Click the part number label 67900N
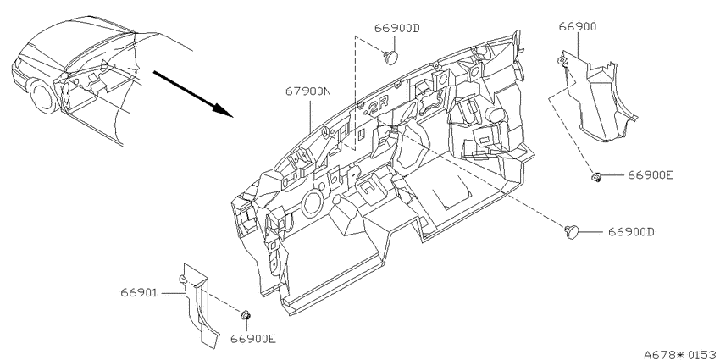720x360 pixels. [308, 91]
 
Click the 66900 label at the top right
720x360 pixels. [578, 26]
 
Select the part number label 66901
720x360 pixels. [139, 292]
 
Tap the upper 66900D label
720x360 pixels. [397, 29]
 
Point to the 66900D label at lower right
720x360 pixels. [631, 232]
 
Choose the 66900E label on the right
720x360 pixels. [651, 175]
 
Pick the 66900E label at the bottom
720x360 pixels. [253, 339]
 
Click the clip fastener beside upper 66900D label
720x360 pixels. [390, 58]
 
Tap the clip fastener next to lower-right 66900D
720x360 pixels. [572, 232]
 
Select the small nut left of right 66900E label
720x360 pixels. [596, 176]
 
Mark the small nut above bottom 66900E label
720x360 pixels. [246, 315]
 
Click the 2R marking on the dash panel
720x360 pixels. [378, 108]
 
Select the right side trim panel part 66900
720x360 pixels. [597, 98]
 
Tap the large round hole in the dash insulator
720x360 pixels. [313, 203]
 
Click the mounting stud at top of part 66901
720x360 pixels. [182, 279]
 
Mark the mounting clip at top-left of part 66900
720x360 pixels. [561, 61]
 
